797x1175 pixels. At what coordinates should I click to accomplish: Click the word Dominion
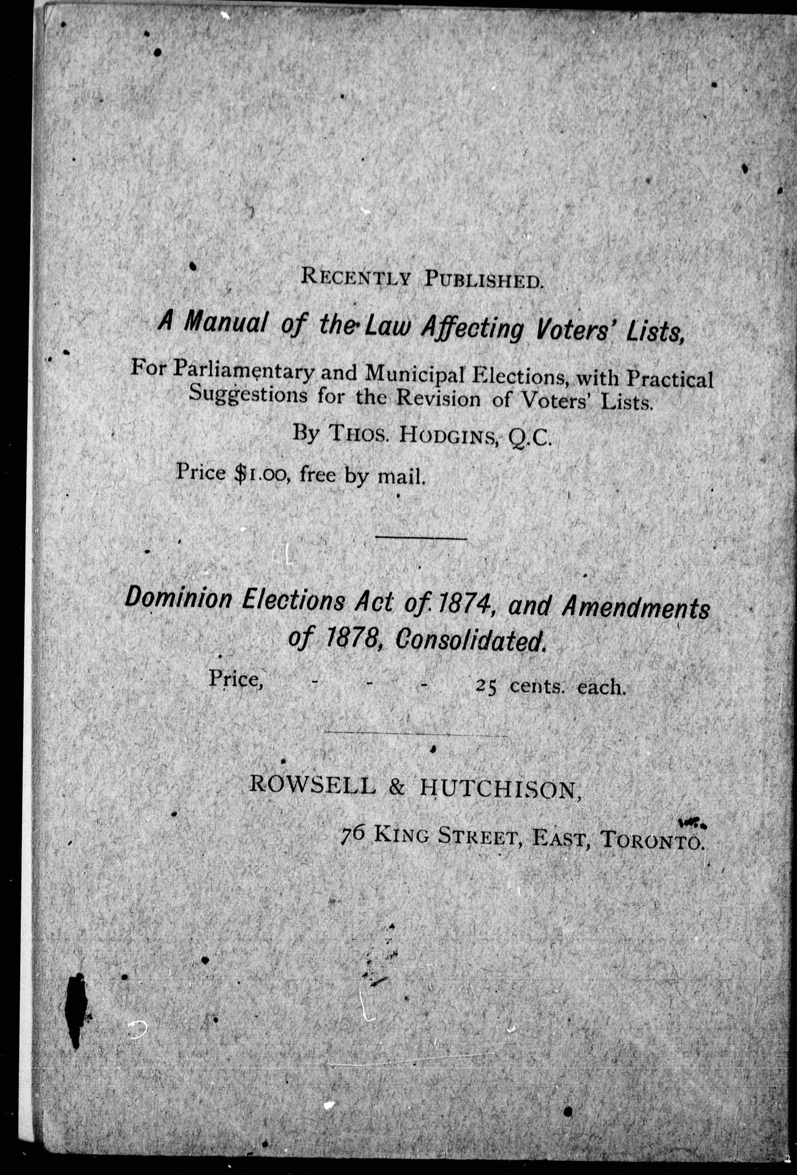pos(178,600)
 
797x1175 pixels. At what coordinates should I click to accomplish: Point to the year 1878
pos(352,641)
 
